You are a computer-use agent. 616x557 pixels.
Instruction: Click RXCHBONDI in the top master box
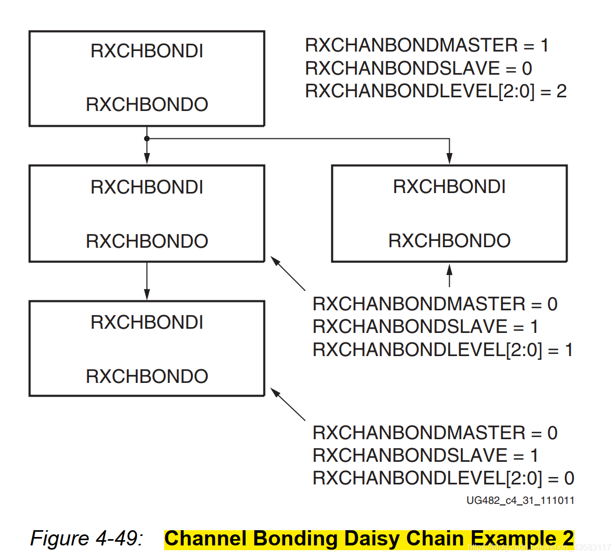147,51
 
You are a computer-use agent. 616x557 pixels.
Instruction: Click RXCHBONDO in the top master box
147,104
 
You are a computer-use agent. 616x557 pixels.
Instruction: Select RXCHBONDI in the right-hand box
449,187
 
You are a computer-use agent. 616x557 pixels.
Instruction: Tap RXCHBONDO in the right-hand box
449,240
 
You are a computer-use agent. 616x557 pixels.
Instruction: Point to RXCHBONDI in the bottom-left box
147,322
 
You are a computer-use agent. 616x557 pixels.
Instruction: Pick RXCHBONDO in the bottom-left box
147,376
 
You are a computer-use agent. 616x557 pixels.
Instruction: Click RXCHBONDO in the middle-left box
147,241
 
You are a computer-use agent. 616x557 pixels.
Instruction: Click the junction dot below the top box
147,138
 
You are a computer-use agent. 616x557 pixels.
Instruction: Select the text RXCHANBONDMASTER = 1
427,45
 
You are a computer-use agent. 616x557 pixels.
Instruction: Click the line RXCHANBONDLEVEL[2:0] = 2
436,91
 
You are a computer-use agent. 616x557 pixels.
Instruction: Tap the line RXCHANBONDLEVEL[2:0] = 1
442,350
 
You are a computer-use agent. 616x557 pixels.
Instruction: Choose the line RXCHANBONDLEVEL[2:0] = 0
443,478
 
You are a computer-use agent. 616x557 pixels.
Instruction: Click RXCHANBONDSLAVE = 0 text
418,68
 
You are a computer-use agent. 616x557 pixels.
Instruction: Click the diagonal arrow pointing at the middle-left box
288,273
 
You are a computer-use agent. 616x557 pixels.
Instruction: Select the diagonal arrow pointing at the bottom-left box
288,404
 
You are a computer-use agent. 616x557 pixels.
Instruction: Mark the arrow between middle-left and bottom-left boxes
147,281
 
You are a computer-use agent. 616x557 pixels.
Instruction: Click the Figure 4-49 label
86,538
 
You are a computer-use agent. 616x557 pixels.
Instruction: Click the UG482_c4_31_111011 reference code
520,500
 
